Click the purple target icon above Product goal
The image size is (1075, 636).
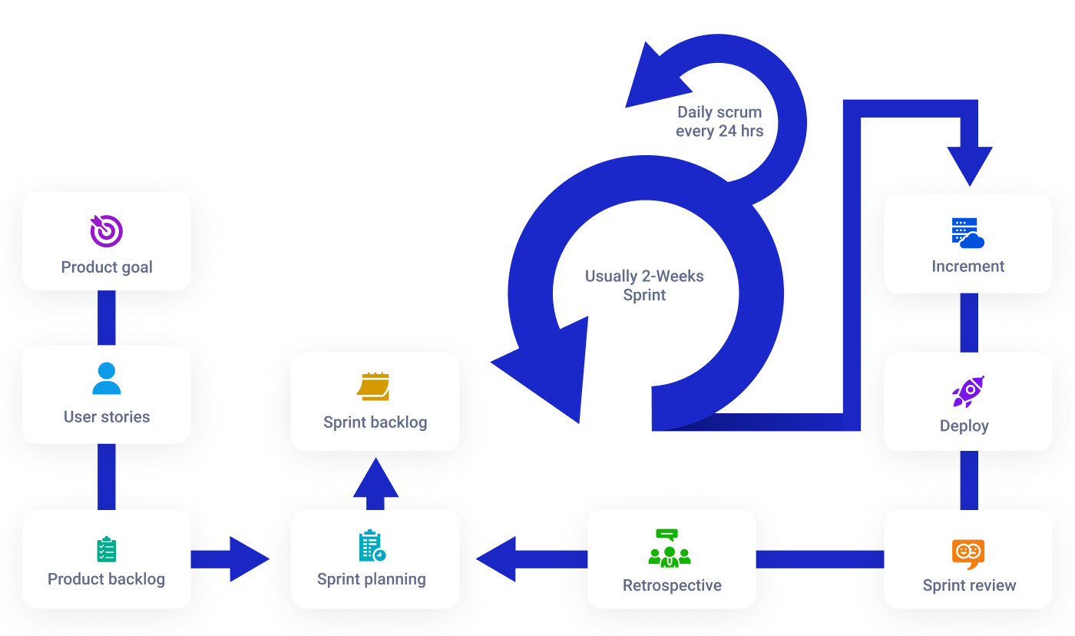pos(107,231)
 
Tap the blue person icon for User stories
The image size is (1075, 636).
pos(107,378)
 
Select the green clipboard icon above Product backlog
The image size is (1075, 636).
pos(107,549)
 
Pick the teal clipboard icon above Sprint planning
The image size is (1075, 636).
pos(372,545)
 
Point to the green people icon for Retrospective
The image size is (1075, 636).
pos(670,548)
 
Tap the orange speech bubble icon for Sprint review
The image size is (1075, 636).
pos(968,554)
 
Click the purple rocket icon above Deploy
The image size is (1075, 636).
pos(968,392)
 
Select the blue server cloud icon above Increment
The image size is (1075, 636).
pos(968,234)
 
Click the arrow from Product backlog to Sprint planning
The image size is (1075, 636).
pos(230,559)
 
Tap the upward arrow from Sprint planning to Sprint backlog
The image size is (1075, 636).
pos(375,483)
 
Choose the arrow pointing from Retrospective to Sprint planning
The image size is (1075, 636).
pos(531,559)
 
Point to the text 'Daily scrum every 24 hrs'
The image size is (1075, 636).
pos(719,121)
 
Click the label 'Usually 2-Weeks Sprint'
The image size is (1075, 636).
pos(644,285)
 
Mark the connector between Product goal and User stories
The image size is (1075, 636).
pos(107,317)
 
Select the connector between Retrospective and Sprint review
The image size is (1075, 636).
pos(820,559)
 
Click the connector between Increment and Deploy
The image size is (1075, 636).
pos(969,323)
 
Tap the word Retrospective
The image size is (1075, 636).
pos(672,585)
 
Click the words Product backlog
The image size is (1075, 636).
pos(106,579)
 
